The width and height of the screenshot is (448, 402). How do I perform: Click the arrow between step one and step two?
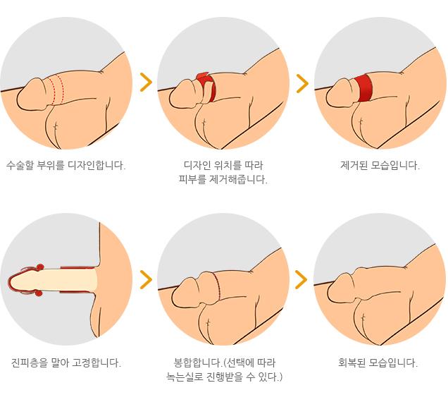pos(146,83)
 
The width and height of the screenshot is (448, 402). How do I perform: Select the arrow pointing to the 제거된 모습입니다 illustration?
pos(302,83)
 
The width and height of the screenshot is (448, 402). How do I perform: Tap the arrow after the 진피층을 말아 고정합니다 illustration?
pos(146,279)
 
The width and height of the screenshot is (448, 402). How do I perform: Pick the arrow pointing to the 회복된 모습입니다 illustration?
pos(301,279)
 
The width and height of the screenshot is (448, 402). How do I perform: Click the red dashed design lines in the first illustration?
pos(56,90)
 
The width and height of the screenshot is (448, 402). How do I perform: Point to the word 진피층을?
pos(27,363)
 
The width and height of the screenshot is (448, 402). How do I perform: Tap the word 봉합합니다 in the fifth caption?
pos(198,363)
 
